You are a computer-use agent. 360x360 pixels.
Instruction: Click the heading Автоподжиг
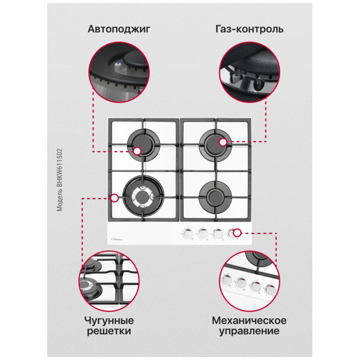(x=119, y=29)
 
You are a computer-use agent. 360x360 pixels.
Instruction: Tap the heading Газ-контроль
(x=249, y=29)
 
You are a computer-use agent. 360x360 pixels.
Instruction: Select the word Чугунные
(x=109, y=321)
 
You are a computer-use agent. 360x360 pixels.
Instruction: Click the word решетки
(x=109, y=331)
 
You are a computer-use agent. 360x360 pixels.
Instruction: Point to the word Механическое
(x=249, y=320)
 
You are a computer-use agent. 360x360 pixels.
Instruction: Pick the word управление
(x=249, y=331)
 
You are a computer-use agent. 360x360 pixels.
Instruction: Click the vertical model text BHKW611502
(x=60, y=180)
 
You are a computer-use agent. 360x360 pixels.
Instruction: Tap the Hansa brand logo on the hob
(x=117, y=240)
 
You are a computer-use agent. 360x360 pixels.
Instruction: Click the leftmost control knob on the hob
(x=188, y=233)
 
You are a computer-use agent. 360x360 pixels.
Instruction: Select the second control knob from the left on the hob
(x=202, y=233)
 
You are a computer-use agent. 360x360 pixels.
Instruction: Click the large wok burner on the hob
(x=143, y=196)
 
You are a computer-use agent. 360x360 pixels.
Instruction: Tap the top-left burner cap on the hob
(x=143, y=145)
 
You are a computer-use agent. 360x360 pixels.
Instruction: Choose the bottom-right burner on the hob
(x=215, y=197)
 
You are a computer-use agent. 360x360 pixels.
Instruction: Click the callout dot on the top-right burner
(x=223, y=142)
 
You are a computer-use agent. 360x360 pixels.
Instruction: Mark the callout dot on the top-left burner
(x=137, y=151)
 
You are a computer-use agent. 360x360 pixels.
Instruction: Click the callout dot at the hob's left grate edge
(x=114, y=198)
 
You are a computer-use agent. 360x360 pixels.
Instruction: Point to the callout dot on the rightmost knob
(x=237, y=233)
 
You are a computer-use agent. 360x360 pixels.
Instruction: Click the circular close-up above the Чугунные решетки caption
(x=109, y=281)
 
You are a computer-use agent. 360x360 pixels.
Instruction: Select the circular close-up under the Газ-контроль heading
(x=249, y=73)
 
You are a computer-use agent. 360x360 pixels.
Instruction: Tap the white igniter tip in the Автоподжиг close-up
(x=118, y=66)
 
